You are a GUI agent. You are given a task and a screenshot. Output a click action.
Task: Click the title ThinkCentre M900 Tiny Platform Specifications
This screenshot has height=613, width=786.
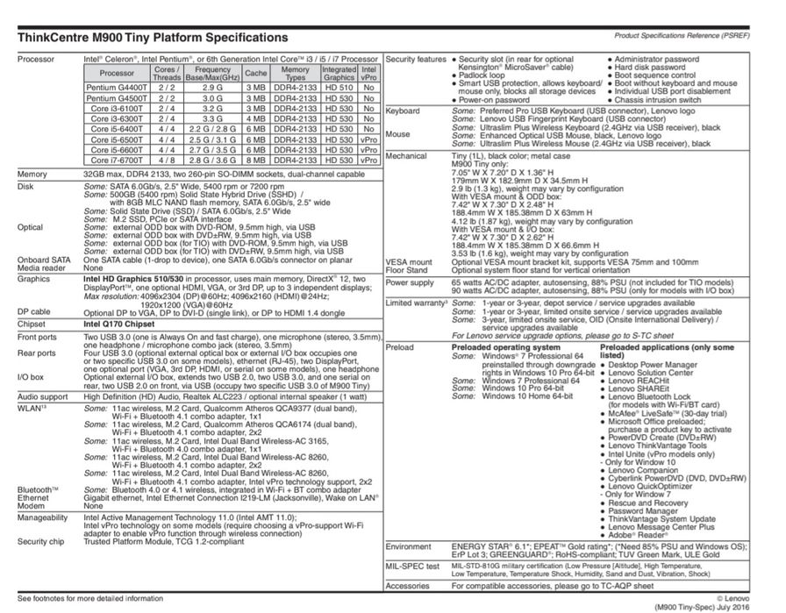[153, 38]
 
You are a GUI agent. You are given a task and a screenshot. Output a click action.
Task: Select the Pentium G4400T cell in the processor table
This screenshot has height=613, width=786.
[118, 89]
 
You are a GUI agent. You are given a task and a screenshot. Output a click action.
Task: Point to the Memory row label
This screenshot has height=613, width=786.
[32, 175]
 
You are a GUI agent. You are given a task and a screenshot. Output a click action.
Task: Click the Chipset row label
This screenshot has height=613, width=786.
[32, 322]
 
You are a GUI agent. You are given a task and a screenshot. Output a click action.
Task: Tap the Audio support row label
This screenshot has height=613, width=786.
[43, 396]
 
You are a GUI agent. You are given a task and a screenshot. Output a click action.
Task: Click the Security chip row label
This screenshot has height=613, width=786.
[41, 541]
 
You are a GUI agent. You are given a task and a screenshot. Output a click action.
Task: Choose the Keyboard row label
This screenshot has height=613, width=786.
[403, 111]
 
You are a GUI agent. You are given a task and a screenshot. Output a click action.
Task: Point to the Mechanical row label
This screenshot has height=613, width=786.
[406, 156]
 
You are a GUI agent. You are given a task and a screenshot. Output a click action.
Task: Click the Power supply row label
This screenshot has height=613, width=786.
[410, 283]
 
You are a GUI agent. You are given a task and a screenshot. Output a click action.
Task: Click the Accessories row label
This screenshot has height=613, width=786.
[408, 585]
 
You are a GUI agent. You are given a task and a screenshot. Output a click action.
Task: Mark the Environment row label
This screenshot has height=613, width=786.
[409, 546]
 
